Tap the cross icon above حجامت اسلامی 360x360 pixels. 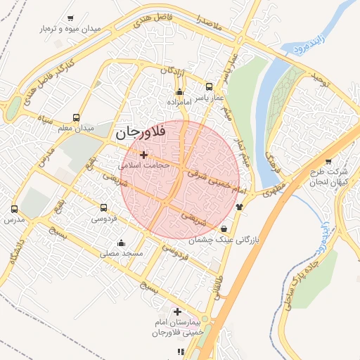tap(144, 155)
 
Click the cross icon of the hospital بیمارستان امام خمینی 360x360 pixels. tap(177, 311)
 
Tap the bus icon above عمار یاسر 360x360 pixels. tap(209, 86)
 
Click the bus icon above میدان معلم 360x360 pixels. tap(76, 118)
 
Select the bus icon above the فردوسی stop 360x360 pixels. tap(104, 208)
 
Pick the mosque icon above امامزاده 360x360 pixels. tap(179, 92)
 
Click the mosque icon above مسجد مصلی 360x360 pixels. tap(121, 243)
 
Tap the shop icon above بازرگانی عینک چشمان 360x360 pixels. tap(224, 229)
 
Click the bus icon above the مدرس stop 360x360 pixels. tap(15, 209)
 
